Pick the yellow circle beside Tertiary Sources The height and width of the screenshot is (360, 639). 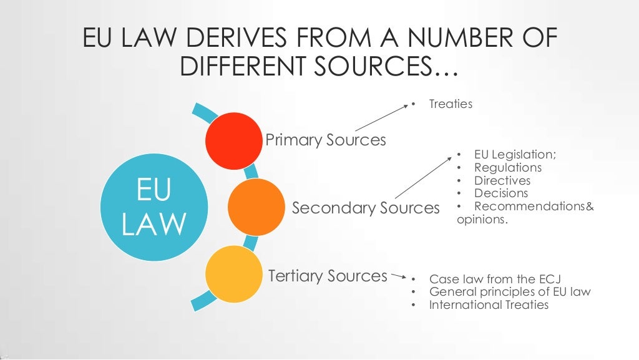[234, 274]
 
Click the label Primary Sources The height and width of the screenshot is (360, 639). [326, 140]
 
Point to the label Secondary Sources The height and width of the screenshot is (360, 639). [366, 208]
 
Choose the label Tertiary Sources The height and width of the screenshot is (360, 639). [328, 275]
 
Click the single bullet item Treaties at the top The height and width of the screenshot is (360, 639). [451, 104]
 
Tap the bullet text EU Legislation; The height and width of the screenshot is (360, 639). [515, 155]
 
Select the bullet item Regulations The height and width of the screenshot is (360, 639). [508, 167]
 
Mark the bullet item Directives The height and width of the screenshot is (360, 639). [502, 180]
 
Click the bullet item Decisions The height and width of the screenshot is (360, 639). [501, 193]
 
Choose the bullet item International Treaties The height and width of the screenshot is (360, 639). [489, 305]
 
